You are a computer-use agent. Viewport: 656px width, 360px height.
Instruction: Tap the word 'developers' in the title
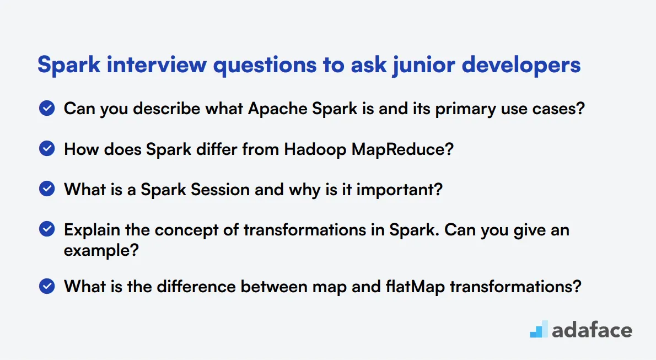[521, 65]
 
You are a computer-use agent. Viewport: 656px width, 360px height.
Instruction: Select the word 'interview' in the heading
[157, 65]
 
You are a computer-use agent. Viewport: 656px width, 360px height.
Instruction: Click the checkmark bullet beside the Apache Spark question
[47, 108]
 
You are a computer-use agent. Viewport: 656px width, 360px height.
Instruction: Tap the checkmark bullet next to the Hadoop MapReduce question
[47, 148]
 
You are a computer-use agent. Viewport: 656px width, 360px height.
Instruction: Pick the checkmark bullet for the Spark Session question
[47, 189]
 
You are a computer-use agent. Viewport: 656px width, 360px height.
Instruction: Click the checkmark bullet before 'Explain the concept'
[47, 229]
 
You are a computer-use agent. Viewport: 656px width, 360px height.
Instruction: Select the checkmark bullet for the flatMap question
[47, 286]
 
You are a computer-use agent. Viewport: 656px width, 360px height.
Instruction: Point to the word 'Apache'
[278, 109]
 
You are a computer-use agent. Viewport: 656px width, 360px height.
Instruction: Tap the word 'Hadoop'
[315, 149]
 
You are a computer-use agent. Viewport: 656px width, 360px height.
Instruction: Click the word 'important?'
[400, 190]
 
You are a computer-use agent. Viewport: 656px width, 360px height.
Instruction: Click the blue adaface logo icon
[539, 330]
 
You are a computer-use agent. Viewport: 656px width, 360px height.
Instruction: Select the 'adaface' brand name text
[592, 330]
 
